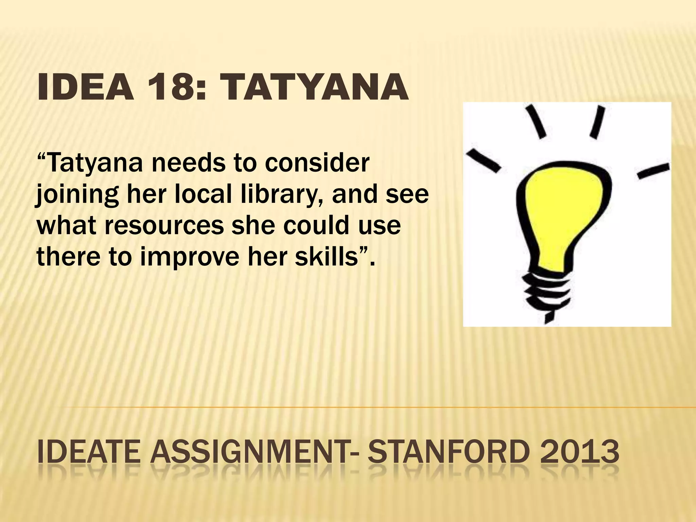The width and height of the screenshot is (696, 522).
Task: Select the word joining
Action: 77,196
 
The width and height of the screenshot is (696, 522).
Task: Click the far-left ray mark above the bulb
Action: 483,158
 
